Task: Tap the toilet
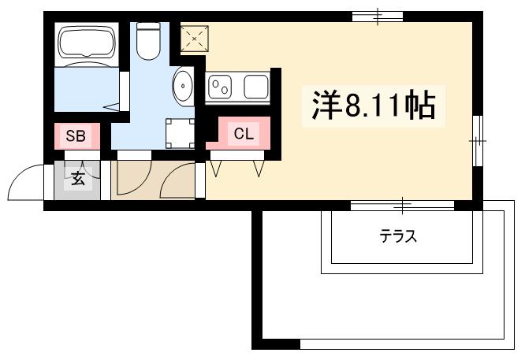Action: tap(148, 41)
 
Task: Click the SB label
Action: tap(76, 135)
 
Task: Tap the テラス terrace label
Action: tap(398, 235)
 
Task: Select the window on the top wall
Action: tap(377, 16)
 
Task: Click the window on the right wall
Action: tap(477, 140)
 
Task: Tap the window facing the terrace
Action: tap(402, 205)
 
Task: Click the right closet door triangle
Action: tap(259, 168)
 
